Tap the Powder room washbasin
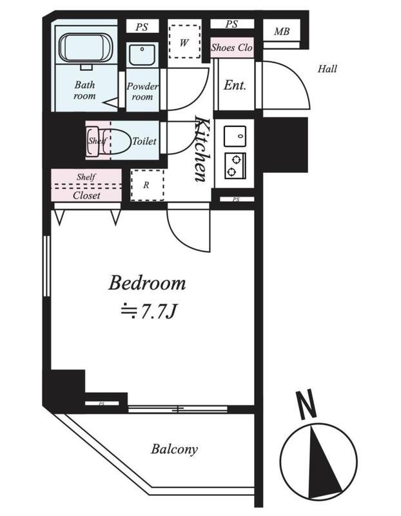coord(142,55)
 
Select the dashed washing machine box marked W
coord(184,42)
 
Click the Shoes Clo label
coord(231,48)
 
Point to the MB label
coord(282,32)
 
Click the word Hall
coord(328,69)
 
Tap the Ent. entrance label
coord(235,85)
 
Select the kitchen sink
coord(235,136)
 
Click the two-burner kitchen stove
coord(235,166)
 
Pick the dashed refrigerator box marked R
coord(148,185)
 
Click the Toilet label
coord(144,141)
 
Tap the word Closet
coord(86,195)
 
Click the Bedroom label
coord(147,283)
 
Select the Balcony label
coord(174,449)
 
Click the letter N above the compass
coord(306,404)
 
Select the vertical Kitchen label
coord(201,148)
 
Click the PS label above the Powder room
coord(142,27)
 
